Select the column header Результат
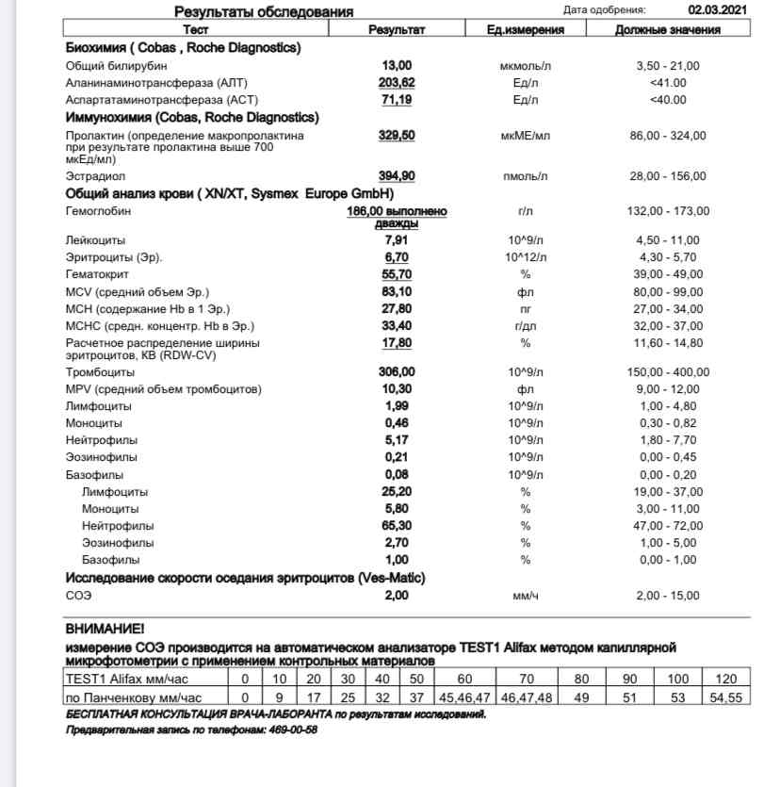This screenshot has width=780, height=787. (x=397, y=29)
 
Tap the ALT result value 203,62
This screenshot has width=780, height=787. (x=397, y=83)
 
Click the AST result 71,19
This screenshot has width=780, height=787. (x=397, y=100)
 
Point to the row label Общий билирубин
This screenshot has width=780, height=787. (x=106, y=66)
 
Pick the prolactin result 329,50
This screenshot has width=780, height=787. (x=397, y=136)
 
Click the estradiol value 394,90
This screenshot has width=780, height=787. (x=397, y=176)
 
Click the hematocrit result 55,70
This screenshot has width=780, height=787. (x=397, y=274)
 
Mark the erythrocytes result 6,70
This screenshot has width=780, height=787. (x=397, y=257)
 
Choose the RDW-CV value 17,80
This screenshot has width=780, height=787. (x=397, y=343)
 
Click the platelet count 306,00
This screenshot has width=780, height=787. (x=397, y=372)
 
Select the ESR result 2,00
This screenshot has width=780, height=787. (x=397, y=596)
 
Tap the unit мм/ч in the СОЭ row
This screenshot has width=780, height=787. (x=525, y=596)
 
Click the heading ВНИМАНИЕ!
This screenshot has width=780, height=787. (x=105, y=628)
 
